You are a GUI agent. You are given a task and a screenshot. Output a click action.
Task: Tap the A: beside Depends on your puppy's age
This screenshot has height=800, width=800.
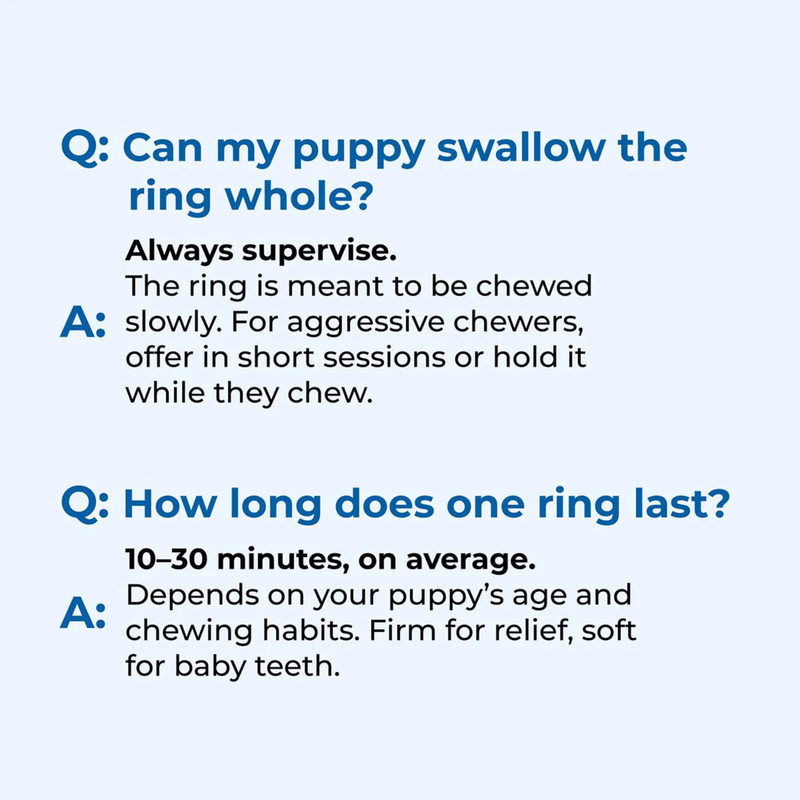(85, 613)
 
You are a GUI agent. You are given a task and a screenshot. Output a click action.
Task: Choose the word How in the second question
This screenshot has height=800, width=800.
(162, 504)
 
